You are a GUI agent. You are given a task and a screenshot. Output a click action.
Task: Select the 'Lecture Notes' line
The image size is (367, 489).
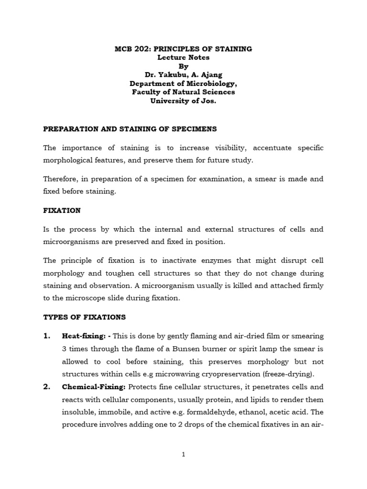coord(183,57)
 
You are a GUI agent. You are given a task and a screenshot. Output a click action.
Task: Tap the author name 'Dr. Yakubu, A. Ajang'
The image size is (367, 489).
coord(183,74)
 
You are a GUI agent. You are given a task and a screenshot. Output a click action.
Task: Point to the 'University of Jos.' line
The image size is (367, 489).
coord(183,100)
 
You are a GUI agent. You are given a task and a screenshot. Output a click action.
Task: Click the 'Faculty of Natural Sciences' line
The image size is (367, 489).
coord(183,92)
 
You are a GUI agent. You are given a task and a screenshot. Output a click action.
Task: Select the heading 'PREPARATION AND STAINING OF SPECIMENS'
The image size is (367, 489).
coord(130,129)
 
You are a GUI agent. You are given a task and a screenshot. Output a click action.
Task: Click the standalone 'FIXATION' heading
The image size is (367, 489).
coord(62,210)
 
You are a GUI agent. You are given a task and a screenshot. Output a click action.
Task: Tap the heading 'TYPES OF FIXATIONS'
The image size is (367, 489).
coord(85,317)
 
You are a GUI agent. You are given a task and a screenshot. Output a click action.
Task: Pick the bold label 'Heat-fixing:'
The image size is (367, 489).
coord(81,336)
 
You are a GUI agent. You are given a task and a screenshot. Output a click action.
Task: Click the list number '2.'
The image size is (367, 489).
coord(47,387)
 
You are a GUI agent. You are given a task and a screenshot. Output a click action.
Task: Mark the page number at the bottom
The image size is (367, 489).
coord(183,455)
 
